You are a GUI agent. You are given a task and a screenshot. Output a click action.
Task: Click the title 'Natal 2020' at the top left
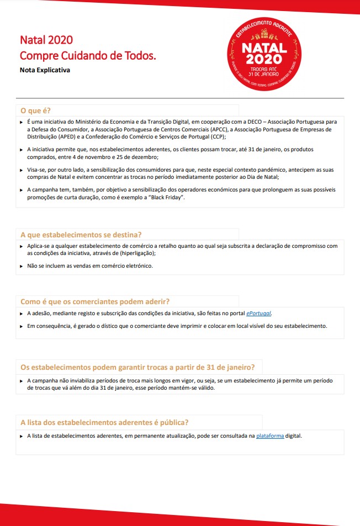click(46, 40)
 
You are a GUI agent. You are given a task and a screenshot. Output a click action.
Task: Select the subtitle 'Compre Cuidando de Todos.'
click(88, 56)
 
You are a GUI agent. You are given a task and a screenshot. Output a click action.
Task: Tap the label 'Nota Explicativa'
click(45, 71)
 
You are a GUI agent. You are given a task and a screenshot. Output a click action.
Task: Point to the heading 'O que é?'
click(36, 110)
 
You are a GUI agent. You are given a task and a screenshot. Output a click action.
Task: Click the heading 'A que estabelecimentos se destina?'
click(81, 235)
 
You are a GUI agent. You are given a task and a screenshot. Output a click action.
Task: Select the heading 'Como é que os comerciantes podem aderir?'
click(94, 301)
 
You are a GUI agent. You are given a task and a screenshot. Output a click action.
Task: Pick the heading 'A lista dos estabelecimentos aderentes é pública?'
click(104, 423)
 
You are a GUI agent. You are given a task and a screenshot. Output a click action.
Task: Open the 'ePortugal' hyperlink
click(258, 313)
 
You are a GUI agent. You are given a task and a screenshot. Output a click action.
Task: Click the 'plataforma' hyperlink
click(270, 436)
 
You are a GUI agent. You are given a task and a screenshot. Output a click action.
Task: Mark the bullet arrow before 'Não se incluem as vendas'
click(22, 266)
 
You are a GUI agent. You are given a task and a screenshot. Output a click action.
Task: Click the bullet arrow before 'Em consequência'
click(22, 326)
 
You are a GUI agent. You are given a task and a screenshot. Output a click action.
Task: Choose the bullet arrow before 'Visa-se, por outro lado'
click(22, 169)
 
